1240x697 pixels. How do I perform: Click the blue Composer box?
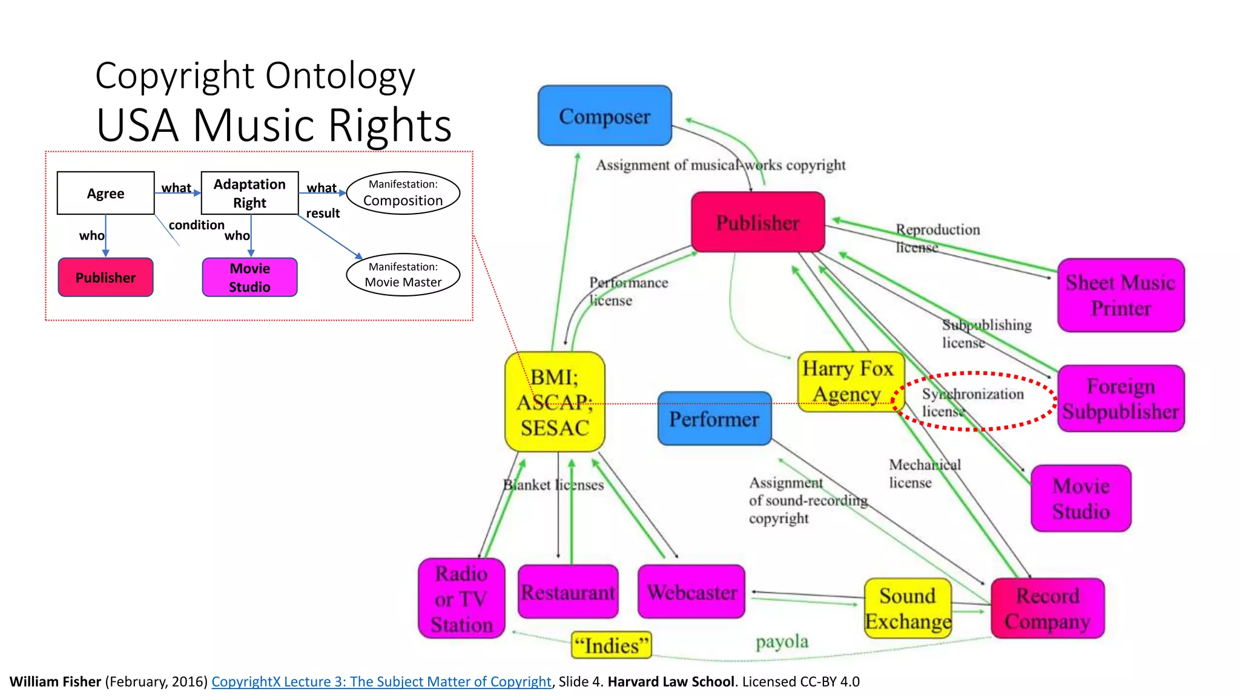pos(604,116)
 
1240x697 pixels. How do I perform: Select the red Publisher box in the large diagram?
pos(757,222)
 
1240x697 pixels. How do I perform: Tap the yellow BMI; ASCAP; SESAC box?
pos(555,402)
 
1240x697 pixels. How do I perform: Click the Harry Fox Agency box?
pos(849,381)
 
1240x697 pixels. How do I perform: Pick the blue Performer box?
pos(714,419)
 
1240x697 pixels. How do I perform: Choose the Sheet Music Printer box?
pos(1121,295)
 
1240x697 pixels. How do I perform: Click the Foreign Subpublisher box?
pos(1121,398)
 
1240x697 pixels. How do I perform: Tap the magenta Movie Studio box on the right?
pos(1081,498)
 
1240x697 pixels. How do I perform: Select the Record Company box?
pos(1047,608)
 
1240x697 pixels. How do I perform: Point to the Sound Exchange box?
pos(908,608)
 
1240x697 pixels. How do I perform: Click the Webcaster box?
pos(691,592)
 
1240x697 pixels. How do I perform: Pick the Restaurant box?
pos(568,592)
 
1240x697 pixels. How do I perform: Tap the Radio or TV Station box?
pos(461,598)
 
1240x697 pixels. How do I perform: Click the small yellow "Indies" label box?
pos(611,645)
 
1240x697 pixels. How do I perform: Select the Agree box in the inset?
pos(105,193)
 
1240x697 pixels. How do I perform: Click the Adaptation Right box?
pos(249,193)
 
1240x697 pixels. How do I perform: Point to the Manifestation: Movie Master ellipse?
pos(403,275)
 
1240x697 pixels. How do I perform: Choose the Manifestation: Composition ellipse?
pos(403,193)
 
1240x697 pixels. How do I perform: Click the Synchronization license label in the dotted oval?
pos(972,402)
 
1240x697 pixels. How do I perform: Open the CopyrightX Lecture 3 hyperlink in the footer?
pos(381,682)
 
